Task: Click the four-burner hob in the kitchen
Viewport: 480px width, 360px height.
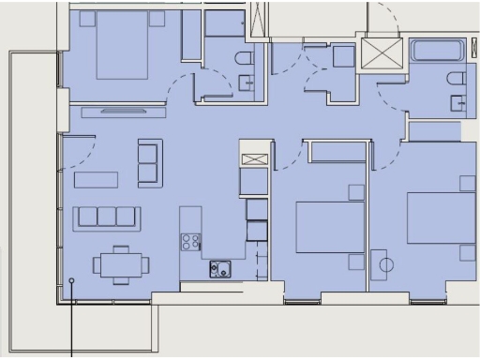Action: tap(190, 242)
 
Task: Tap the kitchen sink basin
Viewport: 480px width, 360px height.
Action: tap(220, 269)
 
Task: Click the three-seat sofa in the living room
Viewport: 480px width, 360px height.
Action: tap(107, 217)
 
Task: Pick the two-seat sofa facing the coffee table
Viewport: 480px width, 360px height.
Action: tap(149, 163)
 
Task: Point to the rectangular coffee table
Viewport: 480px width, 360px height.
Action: tap(97, 179)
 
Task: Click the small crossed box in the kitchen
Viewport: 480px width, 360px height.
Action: tap(253, 158)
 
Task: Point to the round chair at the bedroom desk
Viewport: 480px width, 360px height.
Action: tap(385, 264)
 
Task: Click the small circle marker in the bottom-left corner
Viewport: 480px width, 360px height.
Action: tap(72, 280)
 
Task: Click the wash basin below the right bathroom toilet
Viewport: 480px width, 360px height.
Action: tap(457, 103)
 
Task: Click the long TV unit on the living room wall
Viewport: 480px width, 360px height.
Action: tap(123, 112)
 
